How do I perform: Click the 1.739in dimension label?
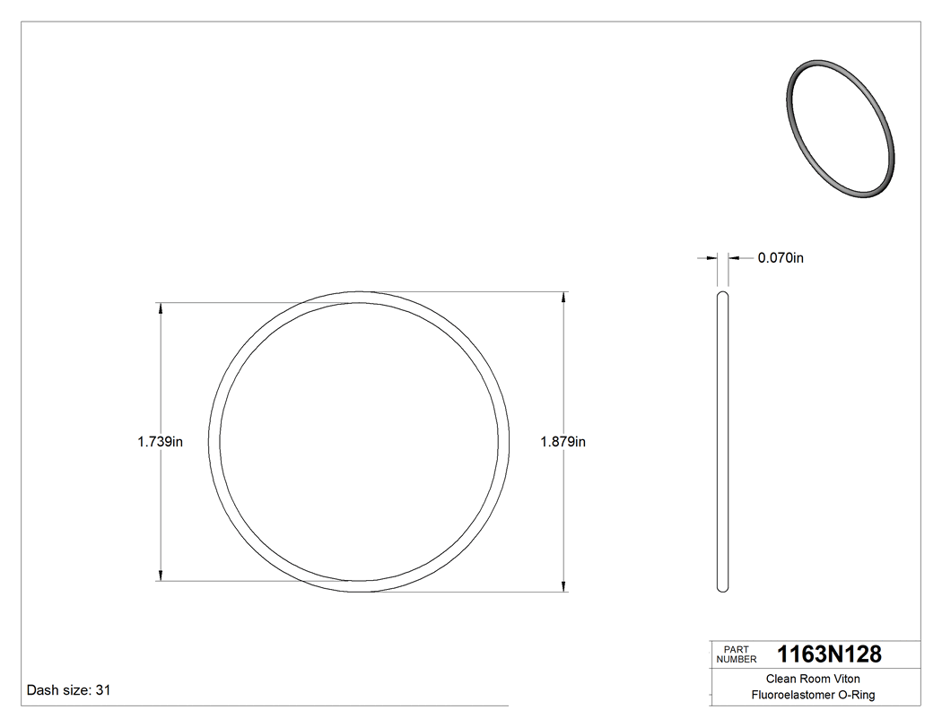pyautogui.click(x=160, y=441)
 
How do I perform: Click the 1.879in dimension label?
pyautogui.click(x=563, y=441)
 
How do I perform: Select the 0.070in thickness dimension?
pyautogui.click(x=780, y=258)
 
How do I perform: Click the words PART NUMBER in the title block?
pyautogui.click(x=737, y=654)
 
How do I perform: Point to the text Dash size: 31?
pyautogui.click(x=68, y=690)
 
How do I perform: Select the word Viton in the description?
pyautogui.click(x=844, y=679)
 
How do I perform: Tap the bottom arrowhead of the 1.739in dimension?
pyautogui.click(x=161, y=576)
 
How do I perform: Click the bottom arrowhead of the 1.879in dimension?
pyautogui.click(x=563, y=586)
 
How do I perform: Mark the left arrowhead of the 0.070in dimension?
pyautogui.click(x=714, y=258)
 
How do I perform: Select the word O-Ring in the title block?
pyautogui.click(x=856, y=695)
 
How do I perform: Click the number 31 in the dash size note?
pyautogui.click(x=102, y=690)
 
